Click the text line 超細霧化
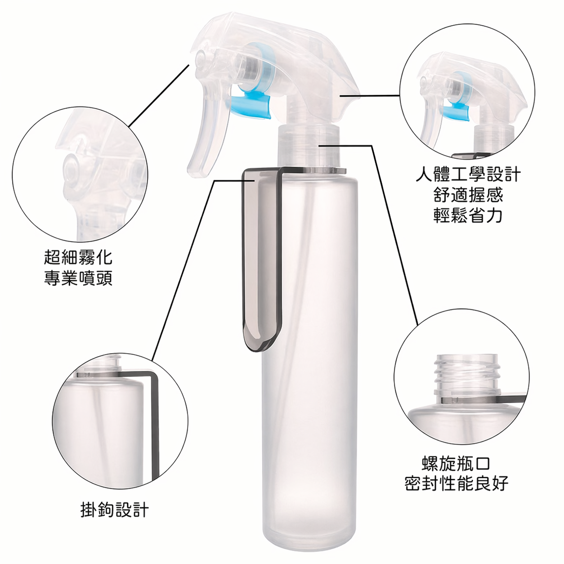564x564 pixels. [x=78, y=257]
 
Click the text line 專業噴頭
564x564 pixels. [x=78, y=278]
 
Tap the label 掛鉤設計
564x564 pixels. [x=114, y=510]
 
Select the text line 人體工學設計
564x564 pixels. [x=468, y=174]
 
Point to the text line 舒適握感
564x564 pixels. [x=468, y=195]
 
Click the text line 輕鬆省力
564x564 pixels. [x=468, y=215]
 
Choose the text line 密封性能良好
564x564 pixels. [x=456, y=483]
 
